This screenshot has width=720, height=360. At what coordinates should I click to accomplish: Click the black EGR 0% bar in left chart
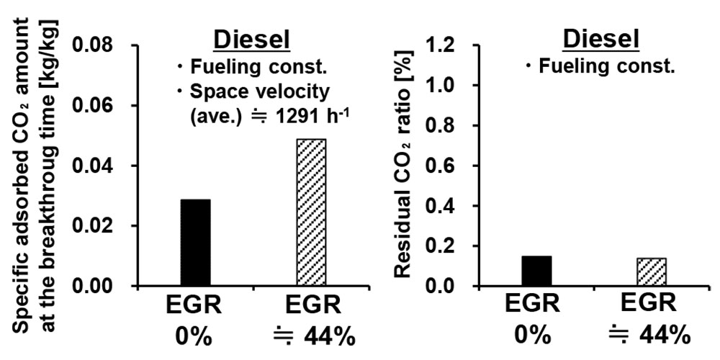(195, 243)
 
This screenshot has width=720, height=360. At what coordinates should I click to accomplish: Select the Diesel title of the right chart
(600, 40)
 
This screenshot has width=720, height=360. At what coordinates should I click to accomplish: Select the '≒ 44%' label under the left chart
(311, 336)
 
